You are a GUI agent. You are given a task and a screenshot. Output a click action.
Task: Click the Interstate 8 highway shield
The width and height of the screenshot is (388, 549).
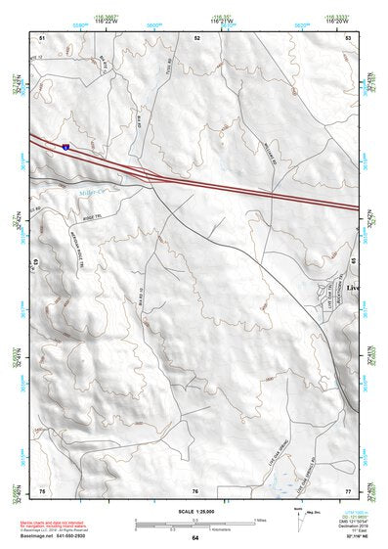click(x=66, y=146)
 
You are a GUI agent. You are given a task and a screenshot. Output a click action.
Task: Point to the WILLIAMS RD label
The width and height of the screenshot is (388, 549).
click(x=238, y=158)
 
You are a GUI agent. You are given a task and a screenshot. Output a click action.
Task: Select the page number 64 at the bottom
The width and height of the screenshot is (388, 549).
click(x=194, y=538)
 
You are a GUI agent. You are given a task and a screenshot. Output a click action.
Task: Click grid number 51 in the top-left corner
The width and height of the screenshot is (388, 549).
click(x=42, y=37)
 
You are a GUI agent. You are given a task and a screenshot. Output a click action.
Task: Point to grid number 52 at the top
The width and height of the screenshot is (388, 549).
click(x=196, y=37)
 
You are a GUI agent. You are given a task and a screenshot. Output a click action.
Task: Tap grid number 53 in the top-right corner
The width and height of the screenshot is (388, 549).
click(x=349, y=37)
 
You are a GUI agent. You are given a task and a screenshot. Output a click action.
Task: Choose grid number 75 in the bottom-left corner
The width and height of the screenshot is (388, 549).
click(x=42, y=490)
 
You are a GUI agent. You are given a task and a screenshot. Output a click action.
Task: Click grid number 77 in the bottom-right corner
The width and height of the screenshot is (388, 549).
click(x=348, y=490)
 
